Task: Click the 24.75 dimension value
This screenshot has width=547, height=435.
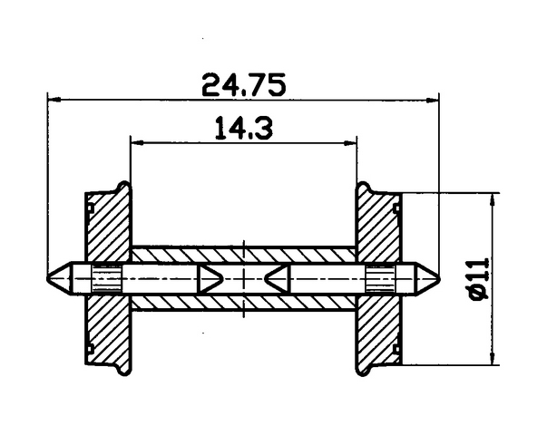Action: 243,84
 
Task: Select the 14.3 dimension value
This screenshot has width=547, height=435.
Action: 243,128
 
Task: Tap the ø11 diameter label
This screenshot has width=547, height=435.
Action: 480,279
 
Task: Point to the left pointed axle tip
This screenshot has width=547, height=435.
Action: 48,279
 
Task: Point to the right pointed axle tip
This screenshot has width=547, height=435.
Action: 439,279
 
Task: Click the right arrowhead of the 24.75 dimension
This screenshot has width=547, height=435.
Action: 433,101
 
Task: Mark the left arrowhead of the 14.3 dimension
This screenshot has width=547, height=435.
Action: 137,142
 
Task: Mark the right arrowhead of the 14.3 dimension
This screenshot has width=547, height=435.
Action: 350,142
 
